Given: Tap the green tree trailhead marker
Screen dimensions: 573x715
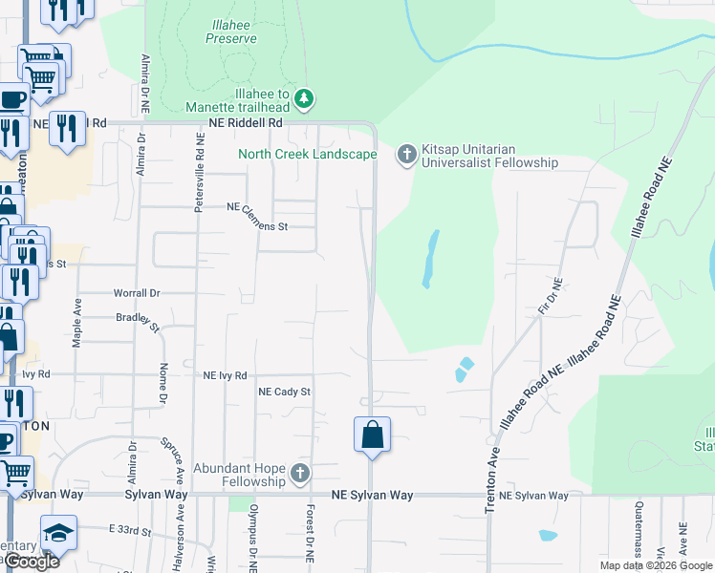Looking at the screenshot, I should pos(304,97).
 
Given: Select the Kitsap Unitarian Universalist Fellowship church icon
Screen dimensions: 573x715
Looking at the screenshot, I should pos(406,154).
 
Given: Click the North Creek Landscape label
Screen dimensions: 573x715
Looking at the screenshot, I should pos(307,154).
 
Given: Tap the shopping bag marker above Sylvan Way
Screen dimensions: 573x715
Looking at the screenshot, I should pos(372,435).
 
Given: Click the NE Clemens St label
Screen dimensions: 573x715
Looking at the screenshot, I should pos(257,216).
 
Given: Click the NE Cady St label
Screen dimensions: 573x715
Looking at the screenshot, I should pos(285,392).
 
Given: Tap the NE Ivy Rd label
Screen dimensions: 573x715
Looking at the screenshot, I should pos(225,375).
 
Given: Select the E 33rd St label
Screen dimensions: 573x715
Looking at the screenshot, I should pos(130,528).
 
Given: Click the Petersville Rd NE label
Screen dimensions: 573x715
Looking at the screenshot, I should pos(200,172).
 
